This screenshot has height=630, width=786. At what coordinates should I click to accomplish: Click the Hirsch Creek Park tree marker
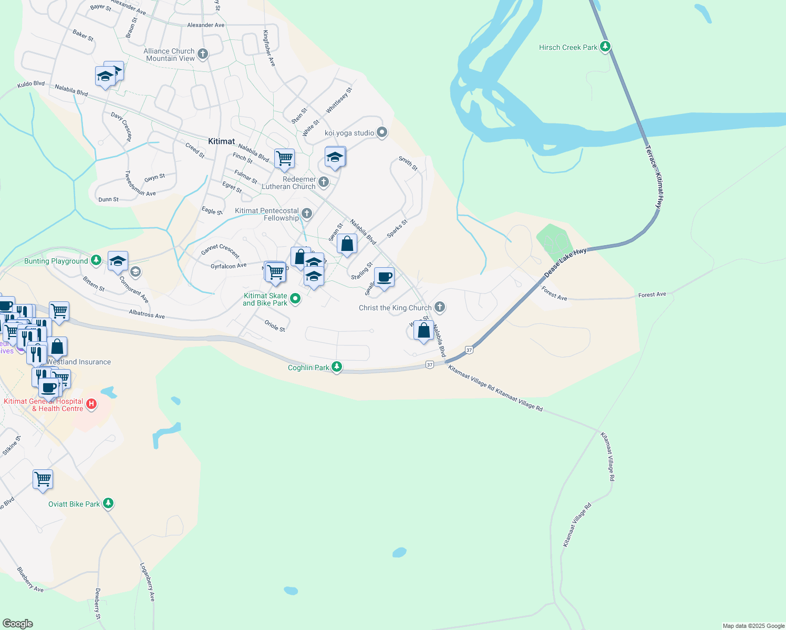[x=605, y=47]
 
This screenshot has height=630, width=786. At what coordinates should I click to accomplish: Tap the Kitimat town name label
[x=221, y=141]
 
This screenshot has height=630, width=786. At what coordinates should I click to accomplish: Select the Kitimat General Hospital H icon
[x=91, y=404]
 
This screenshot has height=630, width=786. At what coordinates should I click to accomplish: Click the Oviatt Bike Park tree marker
[x=108, y=503]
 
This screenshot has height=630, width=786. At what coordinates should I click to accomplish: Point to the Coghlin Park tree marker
[x=337, y=367]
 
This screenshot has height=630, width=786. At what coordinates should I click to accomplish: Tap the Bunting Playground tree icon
[x=96, y=260]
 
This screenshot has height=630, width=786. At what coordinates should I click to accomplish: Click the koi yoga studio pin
[x=382, y=132]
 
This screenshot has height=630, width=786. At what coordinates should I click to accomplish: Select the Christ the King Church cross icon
[x=440, y=307]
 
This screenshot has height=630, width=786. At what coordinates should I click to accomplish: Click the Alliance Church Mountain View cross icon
[x=203, y=54]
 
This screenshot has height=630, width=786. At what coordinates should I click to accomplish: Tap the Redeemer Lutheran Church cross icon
[x=324, y=182]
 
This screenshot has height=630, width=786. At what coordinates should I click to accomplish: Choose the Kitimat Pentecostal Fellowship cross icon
[x=307, y=214]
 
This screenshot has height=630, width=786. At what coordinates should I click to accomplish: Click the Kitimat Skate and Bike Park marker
[x=295, y=298]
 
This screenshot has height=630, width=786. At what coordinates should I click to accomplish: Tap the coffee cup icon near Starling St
[x=384, y=277]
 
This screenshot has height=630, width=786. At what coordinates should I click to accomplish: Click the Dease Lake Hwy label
[x=565, y=262]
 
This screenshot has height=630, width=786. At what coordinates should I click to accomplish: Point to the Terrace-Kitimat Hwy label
[x=652, y=177]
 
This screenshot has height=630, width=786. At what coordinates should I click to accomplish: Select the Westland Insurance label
[x=79, y=362]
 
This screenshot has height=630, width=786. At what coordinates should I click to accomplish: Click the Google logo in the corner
[x=18, y=623]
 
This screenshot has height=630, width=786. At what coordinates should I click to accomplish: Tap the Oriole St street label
[x=275, y=325]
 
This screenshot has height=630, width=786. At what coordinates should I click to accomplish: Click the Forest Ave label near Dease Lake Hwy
[x=554, y=294]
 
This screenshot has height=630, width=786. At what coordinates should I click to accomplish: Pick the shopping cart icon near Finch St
[x=284, y=158]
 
